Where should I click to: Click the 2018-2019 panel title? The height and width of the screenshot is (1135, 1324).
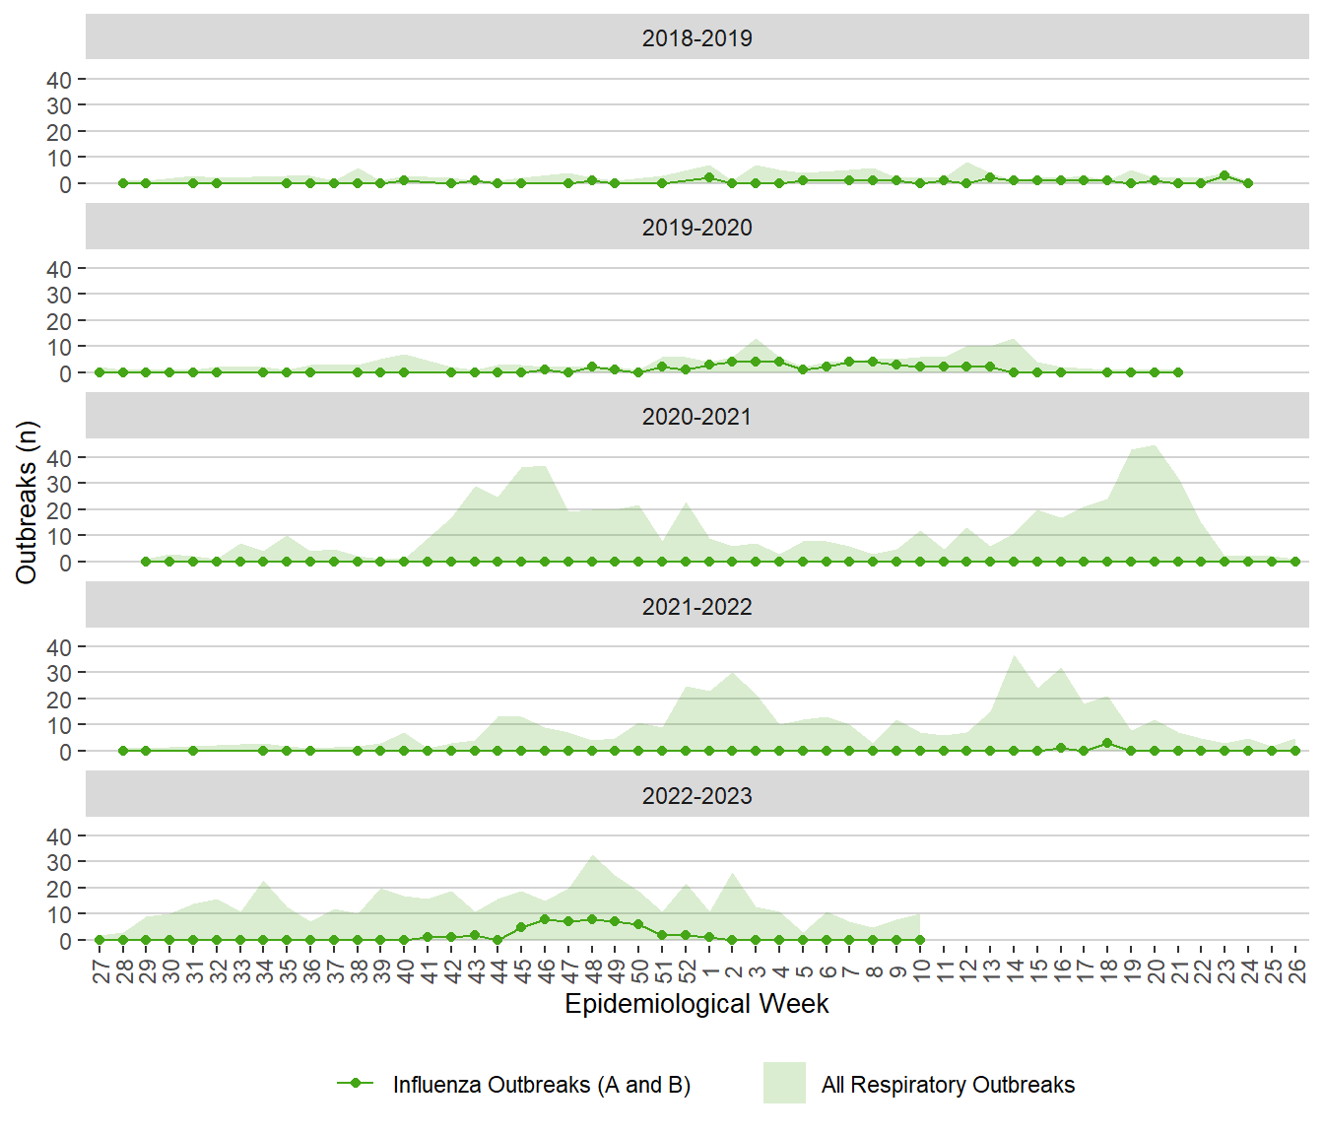pos(696,38)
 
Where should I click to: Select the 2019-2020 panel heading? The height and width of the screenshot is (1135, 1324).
pos(696,228)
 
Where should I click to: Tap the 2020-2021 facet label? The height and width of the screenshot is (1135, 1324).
pos(696,417)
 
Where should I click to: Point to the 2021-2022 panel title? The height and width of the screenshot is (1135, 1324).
pos(696,607)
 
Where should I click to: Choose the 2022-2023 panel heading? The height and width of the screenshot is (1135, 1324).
pos(696,796)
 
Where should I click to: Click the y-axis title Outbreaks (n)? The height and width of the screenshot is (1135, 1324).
pos(27,502)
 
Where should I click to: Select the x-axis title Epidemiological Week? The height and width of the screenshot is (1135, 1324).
pos(696,1004)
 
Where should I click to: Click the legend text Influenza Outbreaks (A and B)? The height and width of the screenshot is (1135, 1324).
pos(541,1085)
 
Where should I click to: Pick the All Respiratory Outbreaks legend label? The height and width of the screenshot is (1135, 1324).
pos(948,1085)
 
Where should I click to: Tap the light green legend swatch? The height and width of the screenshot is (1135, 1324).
pos(784,1083)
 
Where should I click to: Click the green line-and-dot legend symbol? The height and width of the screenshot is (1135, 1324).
pos(355,1083)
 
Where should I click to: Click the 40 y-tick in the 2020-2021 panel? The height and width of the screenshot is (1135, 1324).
pos(59,458)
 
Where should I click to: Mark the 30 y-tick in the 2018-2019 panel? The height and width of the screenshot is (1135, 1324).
pos(59,105)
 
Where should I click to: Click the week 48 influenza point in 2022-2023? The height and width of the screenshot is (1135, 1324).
pos(592,919)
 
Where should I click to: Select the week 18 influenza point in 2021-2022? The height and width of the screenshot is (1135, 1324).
pos(1107,743)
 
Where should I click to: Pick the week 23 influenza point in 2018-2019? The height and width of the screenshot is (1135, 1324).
pos(1225,175)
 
